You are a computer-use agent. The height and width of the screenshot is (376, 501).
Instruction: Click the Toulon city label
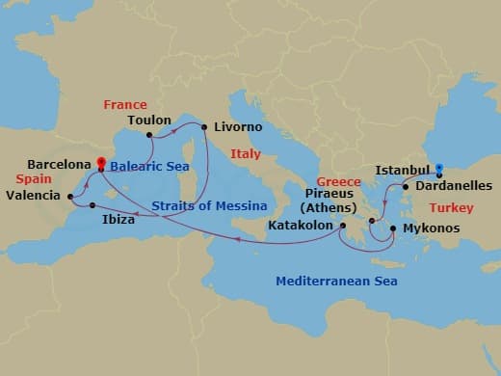148,121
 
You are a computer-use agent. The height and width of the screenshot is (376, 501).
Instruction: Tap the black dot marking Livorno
204,126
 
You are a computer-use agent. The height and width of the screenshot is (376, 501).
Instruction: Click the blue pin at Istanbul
439,170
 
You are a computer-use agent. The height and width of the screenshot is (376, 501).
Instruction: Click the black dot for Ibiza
92,205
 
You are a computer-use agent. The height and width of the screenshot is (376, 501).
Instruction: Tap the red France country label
125,104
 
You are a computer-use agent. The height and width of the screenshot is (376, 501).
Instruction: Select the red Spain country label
33,179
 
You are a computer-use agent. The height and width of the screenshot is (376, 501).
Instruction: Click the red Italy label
246,153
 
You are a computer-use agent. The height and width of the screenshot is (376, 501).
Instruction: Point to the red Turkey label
452,207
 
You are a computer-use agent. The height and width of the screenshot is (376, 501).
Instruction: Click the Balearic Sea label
148,166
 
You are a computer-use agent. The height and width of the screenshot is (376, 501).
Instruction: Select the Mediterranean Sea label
336,282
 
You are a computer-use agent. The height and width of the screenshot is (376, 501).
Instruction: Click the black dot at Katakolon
343,227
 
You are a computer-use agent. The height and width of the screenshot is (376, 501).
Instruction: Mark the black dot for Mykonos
392,228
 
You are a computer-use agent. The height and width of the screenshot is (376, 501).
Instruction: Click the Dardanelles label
454,186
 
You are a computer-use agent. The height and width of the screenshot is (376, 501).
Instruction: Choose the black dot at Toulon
149,135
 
